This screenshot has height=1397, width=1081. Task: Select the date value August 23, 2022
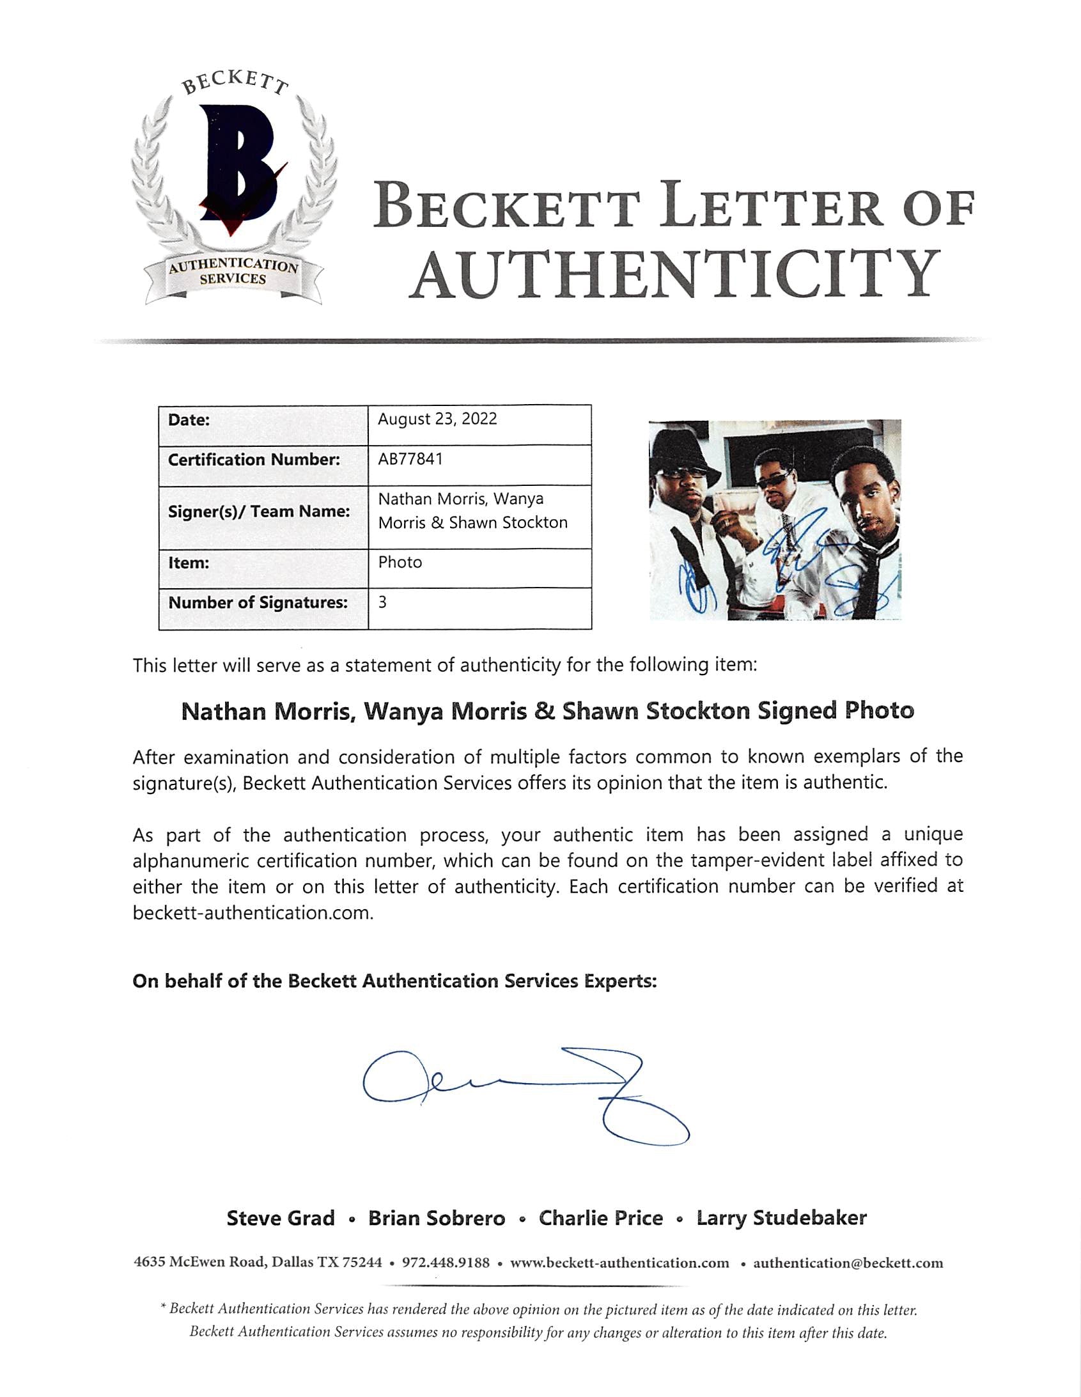437,419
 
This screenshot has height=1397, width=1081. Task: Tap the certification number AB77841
410,459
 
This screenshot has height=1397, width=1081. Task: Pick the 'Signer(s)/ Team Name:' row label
259,511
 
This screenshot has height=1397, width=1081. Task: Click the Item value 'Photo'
400,562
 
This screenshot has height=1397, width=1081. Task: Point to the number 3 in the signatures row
382,602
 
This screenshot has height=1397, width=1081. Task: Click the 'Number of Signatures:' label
258,602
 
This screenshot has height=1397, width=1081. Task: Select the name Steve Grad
280,1218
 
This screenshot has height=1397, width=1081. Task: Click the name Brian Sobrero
436,1218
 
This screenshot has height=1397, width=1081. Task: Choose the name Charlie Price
601,1218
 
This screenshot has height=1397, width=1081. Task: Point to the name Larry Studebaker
781,1218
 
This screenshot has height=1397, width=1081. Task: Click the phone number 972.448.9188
445,1263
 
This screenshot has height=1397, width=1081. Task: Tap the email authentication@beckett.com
848,1263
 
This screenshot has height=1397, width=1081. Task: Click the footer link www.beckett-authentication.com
619,1263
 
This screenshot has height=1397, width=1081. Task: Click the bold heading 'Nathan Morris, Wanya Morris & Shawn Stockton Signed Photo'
548,712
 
